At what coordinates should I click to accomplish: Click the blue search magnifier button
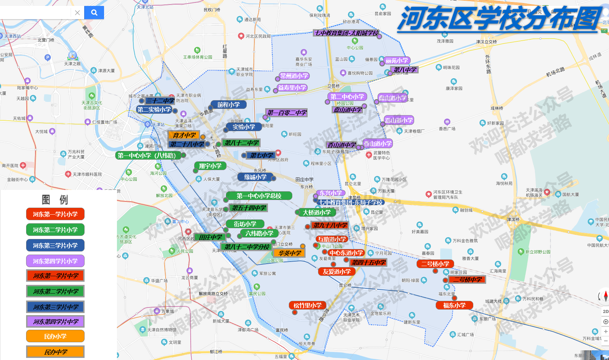pyautogui.click(x=94, y=13)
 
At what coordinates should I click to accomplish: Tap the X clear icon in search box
pyautogui.click(x=77, y=13)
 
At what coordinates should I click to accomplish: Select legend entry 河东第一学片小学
pyautogui.click(x=55, y=214)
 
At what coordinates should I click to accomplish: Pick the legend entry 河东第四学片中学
pyautogui.click(x=55, y=322)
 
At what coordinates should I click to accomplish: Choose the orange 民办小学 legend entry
pyautogui.click(x=55, y=336)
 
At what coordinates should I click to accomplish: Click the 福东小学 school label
pyautogui.click(x=454, y=305)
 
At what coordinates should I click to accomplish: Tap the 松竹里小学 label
pyautogui.click(x=307, y=305)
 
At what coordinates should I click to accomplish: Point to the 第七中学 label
pyautogui.click(x=261, y=155)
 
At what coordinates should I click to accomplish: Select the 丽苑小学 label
pyautogui.click(x=397, y=61)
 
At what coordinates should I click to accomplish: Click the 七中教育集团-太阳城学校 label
pyautogui.click(x=346, y=33)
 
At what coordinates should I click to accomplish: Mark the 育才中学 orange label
pyautogui.click(x=184, y=135)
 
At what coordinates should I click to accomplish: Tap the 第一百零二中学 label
pyautogui.click(x=287, y=113)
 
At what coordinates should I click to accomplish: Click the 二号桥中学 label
pyautogui.click(x=467, y=280)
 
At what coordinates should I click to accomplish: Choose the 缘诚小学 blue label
pyautogui.click(x=255, y=177)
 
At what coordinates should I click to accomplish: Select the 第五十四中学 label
pyautogui.click(x=248, y=208)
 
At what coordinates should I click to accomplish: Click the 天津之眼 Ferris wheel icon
pyautogui.click(x=72, y=56)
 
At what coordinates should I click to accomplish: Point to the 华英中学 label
pyautogui.click(x=290, y=253)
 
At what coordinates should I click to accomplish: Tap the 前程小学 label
pyautogui.click(x=229, y=105)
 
